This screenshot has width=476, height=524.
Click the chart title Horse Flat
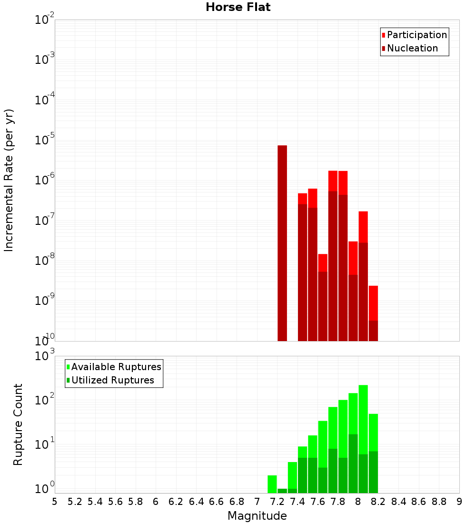pos(238,7)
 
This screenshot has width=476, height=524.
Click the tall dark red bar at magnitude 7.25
pos(282,243)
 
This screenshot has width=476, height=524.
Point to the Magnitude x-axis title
pos(257,516)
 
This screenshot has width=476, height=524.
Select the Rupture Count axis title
pos(18,424)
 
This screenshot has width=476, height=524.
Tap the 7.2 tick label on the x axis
pos(277,502)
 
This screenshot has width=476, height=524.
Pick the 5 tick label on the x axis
pos(55,502)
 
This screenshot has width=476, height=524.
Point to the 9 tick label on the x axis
pos(459,502)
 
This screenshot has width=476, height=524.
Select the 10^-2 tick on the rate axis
pos(44,20)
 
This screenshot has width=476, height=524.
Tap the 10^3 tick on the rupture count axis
pos(44,356)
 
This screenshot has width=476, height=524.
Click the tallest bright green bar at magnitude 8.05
pos(363,419)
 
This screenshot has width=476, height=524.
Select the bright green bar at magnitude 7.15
pos(272,484)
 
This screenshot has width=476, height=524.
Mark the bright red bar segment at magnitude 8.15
pos(373,303)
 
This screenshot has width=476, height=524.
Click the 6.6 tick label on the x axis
pos(217,502)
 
